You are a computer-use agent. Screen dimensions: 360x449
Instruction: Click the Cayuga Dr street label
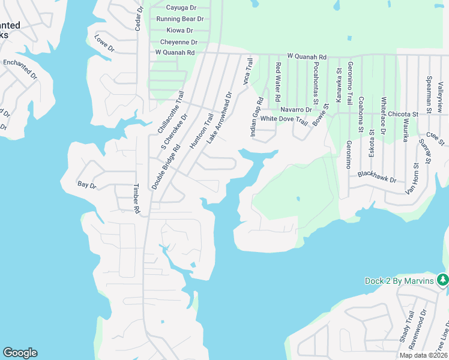(x=181, y=8)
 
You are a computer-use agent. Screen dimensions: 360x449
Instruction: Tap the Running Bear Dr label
(x=180, y=19)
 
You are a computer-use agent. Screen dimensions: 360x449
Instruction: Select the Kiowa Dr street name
(x=180, y=31)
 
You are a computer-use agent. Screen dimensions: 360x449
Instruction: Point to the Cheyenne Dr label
(x=179, y=43)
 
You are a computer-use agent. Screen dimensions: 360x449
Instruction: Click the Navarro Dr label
(x=296, y=110)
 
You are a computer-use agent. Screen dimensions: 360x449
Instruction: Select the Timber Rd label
(x=136, y=199)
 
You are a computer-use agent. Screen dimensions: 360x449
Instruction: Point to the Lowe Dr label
(x=104, y=44)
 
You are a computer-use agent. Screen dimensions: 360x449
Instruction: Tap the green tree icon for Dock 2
(x=442, y=280)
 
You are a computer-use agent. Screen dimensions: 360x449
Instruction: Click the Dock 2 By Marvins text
(x=399, y=281)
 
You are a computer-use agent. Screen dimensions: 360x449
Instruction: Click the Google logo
(x=20, y=353)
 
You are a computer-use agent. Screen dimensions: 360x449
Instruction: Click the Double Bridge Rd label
(x=166, y=167)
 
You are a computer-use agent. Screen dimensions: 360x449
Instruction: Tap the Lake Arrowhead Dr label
(x=219, y=118)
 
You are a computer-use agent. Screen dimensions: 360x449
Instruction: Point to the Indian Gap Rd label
(x=256, y=116)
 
